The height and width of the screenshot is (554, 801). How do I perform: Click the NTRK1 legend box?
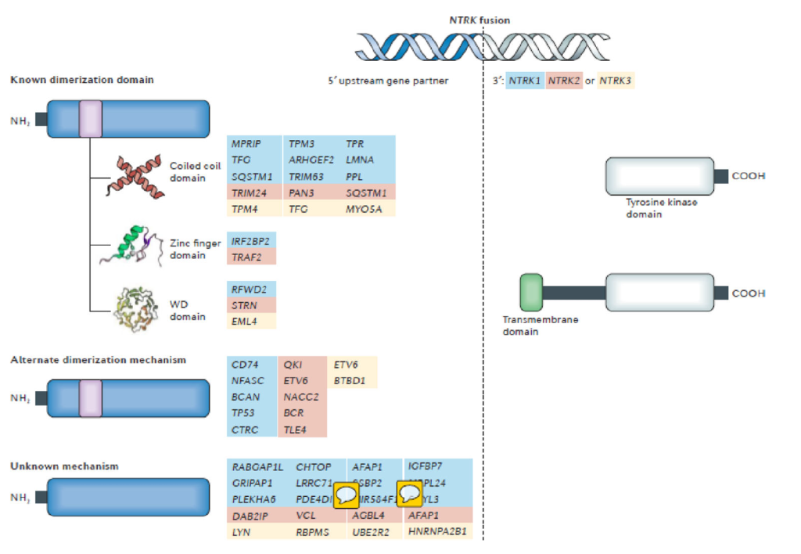tap(525, 81)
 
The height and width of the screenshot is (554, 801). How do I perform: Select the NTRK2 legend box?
tap(564, 81)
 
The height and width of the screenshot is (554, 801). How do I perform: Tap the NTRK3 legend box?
tap(615, 81)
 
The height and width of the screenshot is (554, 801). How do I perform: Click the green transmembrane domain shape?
tap(531, 293)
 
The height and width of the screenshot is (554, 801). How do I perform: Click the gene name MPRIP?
tap(246, 145)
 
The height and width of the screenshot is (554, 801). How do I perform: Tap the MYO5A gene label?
tap(364, 208)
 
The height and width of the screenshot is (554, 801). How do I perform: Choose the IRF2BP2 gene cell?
tap(250, 242)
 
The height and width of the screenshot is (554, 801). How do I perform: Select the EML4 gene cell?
tap(244, 321)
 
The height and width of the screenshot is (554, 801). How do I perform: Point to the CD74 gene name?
tap(244, 365)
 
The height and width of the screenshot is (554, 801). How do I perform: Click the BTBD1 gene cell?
tap(350, 380)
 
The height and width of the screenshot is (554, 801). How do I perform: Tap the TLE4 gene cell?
tap(296, 428)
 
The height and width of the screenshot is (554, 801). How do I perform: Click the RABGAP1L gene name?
tap(257, 468)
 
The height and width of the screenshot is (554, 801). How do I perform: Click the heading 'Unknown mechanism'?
tap(64, 466)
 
